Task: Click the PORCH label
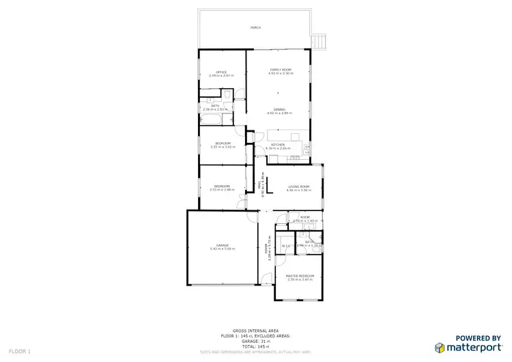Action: coord(255,28)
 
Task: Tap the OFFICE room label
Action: coord(221,72)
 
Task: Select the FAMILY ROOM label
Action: coord(281,70)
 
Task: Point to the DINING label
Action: coord(280,109)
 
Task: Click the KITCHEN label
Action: coord(278,145)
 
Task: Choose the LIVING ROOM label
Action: coord(299,186)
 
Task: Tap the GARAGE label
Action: coord(222,245)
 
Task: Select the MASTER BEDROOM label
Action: coord(299,275)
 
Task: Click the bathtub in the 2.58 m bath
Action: coord(210,120)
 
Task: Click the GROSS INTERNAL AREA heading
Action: coord(256,330)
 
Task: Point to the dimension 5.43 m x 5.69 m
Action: coord(222,249)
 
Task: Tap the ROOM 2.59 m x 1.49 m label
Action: coord(304,219)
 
